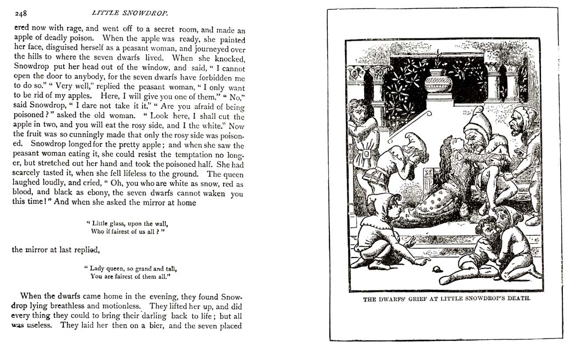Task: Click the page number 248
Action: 21,13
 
